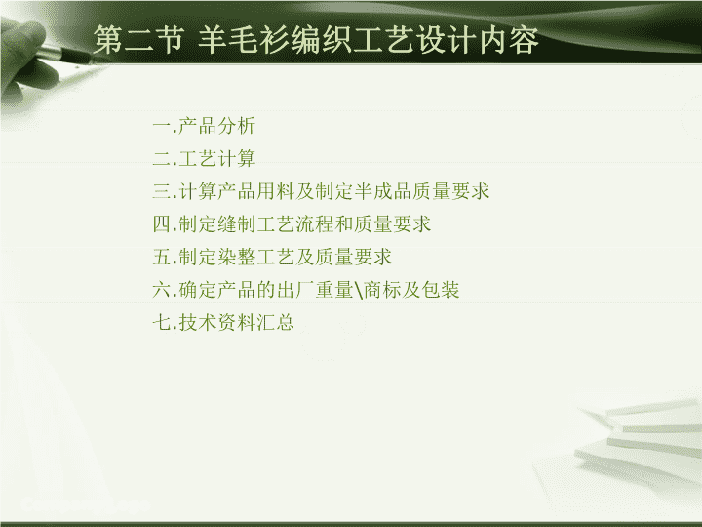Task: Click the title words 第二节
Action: point(138,39)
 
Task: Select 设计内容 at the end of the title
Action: point(476,39)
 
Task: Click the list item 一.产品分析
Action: point(204,126)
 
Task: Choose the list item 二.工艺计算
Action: point(204,158)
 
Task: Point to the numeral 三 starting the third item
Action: point(162,191)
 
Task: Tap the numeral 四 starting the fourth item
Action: point(162,224)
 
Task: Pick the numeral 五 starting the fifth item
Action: point(162,258)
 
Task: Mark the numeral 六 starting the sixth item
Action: point(162,290)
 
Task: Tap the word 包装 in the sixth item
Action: point(441,290)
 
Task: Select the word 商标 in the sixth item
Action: point(382,290)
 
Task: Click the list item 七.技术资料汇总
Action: point(223,323)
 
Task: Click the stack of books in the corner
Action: point(636,444)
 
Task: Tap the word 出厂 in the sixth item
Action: point(295,290)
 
